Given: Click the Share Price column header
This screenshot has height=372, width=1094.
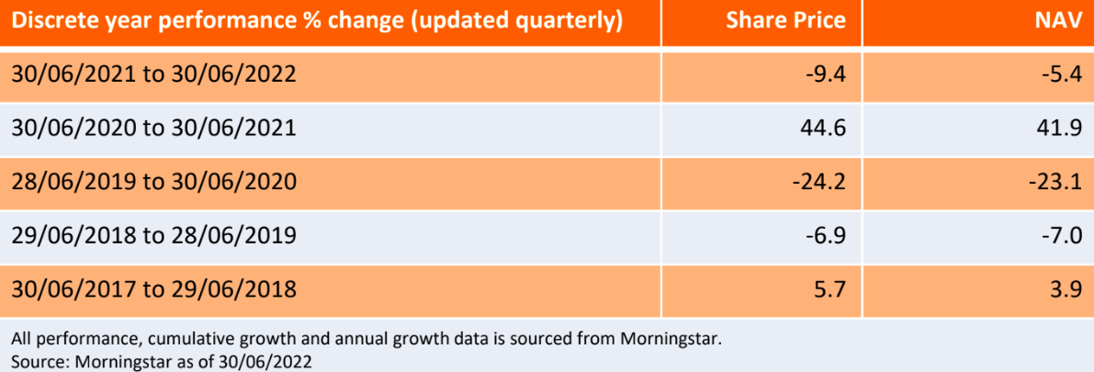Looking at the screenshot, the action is coord(785,21).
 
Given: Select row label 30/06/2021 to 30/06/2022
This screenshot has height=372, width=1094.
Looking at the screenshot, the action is coord(154,74).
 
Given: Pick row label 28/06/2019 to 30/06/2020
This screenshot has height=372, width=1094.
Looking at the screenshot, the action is coord(154,182).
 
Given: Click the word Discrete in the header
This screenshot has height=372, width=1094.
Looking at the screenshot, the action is coord(53,21).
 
